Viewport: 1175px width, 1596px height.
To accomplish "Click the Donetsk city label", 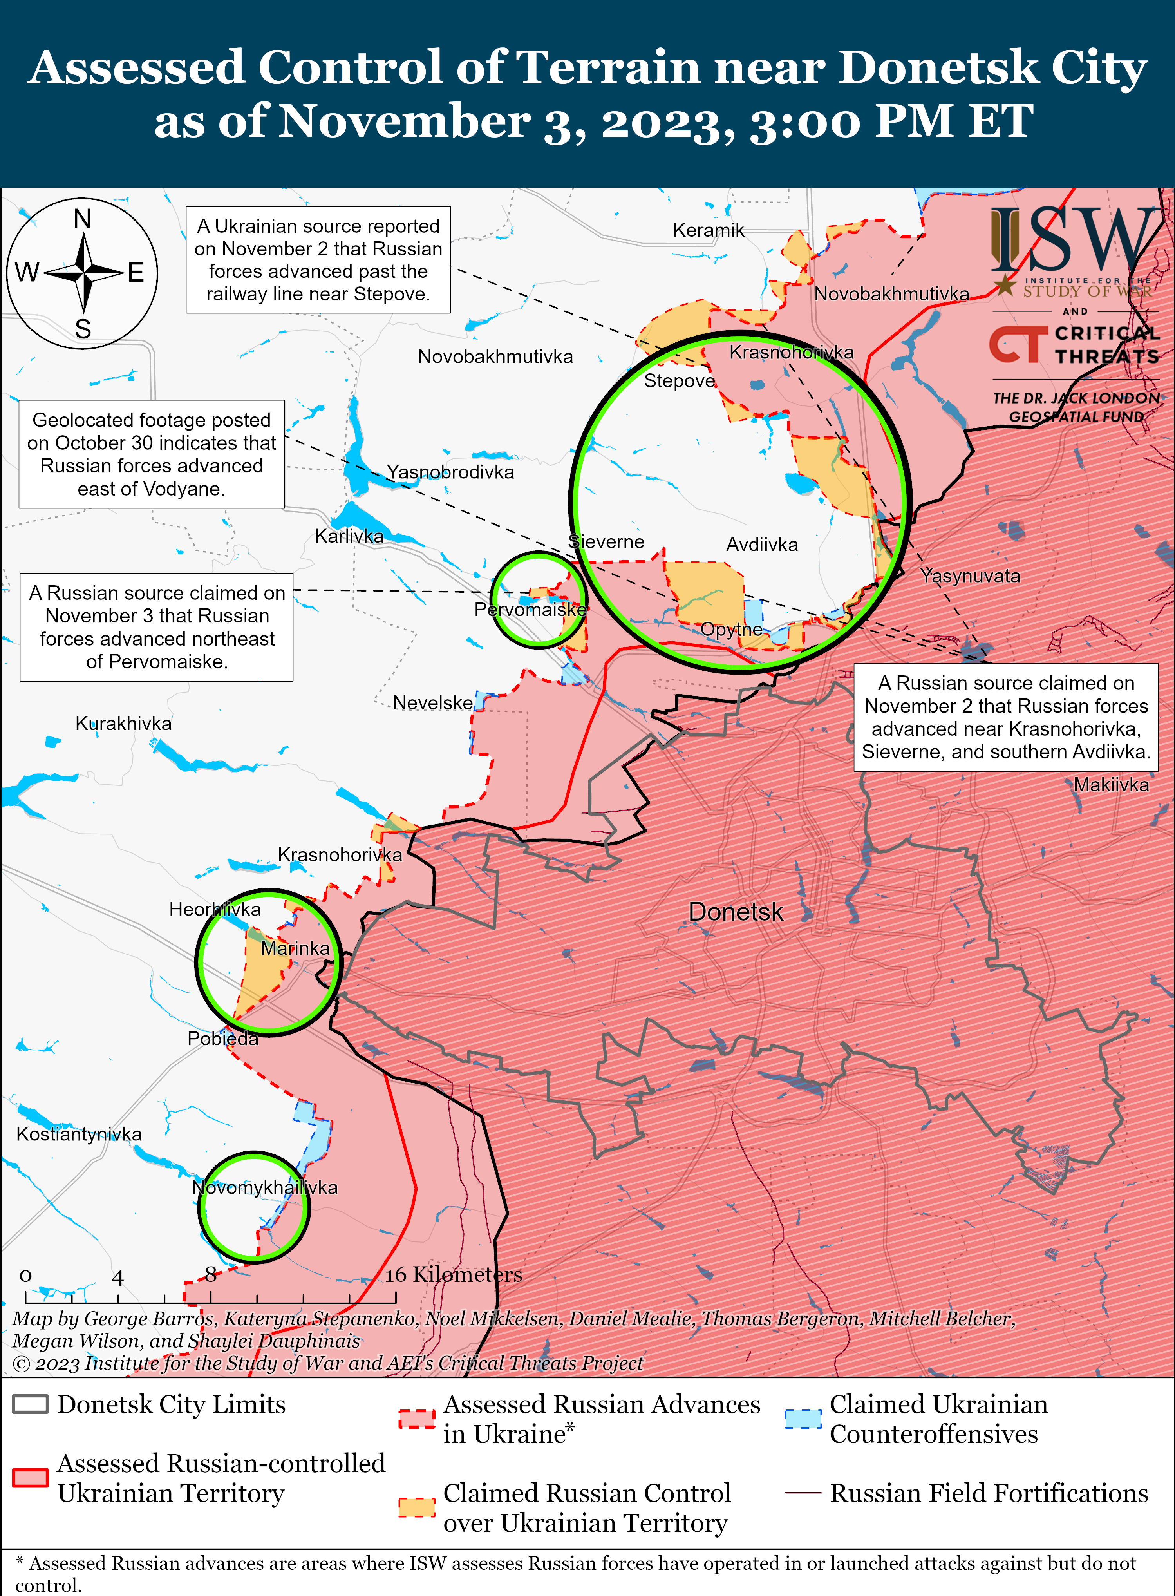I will click(x=736, y=912).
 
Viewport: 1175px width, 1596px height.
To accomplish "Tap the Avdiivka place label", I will click(x=762, y=545).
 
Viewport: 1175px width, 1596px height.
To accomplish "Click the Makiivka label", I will click(x=1111, y=785).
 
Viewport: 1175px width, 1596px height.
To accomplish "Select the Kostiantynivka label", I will click(x=79, y=1134).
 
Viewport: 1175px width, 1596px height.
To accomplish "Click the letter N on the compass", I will click(x=83, y=219).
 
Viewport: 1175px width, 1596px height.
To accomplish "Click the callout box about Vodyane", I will click(x=152, y=454).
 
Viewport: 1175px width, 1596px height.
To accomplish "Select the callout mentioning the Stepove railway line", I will click(x=318, y=260).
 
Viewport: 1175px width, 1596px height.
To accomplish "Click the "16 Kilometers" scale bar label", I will click(x=454, y=1274).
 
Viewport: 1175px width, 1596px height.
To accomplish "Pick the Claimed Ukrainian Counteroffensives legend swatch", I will click(x=803, y=1417).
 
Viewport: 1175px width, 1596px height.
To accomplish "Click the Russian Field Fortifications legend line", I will click(x=803, y=1493).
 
